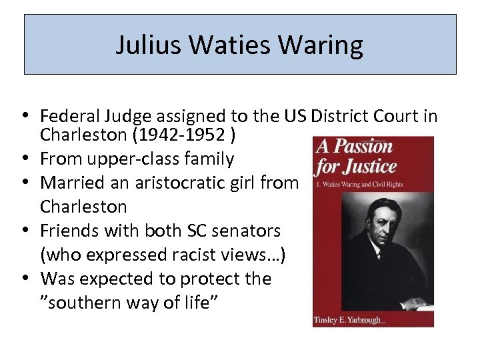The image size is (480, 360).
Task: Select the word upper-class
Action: (x=135, y=159)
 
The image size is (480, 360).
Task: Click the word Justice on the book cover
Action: (x=371, y=166)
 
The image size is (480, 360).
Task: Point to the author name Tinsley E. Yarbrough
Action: (x=347, y=321)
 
